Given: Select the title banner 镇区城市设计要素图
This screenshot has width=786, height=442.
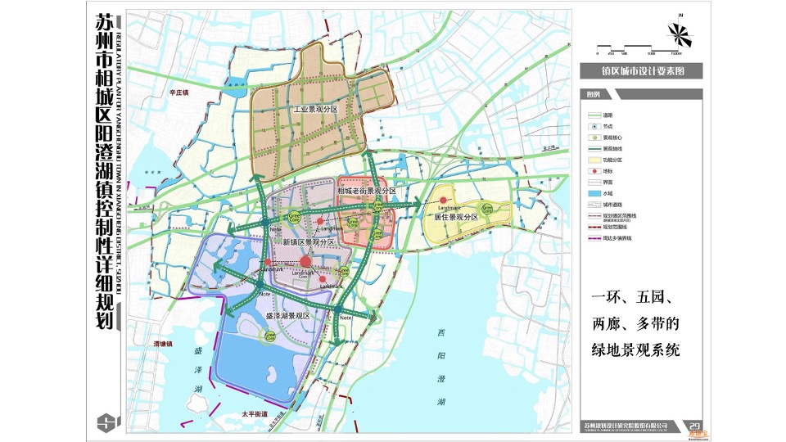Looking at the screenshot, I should pos(639,71).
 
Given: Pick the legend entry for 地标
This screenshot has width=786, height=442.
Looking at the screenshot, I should pos(608,171).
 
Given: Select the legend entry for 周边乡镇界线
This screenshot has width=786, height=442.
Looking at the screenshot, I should pos(618,238).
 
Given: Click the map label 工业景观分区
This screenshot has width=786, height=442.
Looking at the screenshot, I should pos(316,108).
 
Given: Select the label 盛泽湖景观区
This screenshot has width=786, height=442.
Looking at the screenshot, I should pos(287,315).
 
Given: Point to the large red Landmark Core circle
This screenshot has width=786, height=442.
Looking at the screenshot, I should pos(305,260).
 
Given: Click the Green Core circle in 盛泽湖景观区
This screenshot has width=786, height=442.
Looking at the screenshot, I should pos(271,335).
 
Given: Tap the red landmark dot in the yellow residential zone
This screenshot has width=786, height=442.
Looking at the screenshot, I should pos(445,200).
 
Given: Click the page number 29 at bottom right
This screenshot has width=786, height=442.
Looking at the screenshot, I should pos(694,425).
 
